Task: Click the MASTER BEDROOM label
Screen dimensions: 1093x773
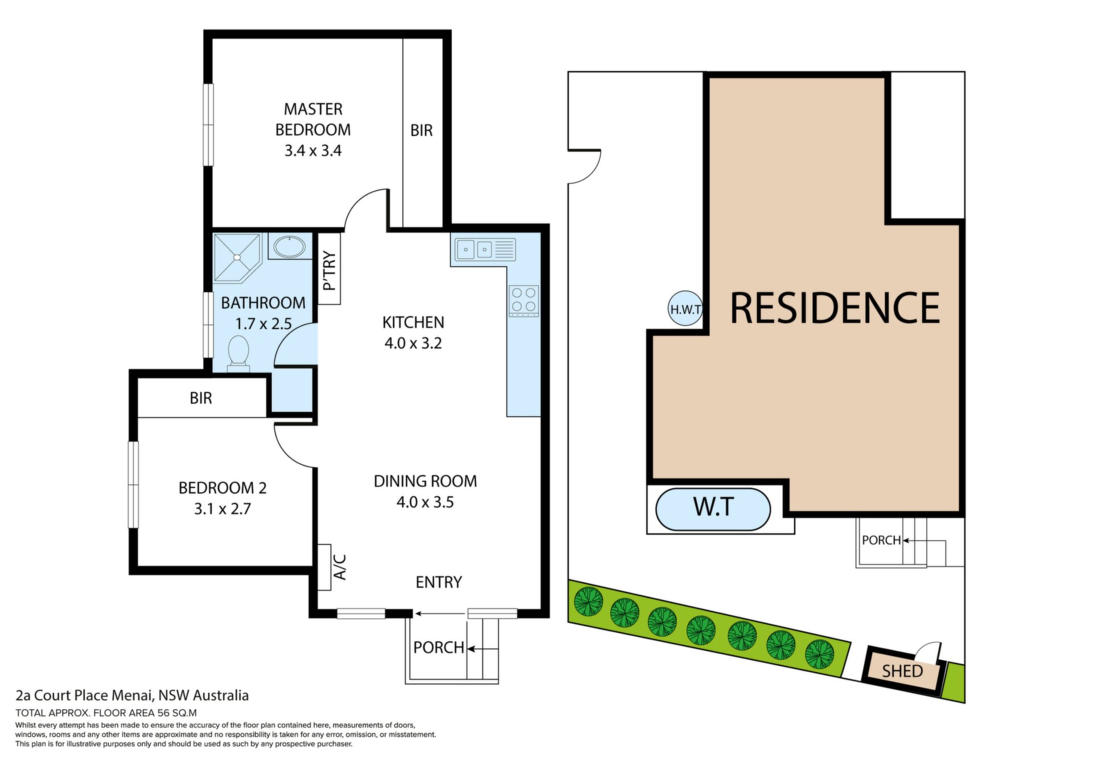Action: click(313, 119)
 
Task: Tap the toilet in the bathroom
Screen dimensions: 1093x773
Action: click(239, 353)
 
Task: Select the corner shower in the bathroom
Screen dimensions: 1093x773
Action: click(237, 257)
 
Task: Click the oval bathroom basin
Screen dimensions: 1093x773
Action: click(290, 247)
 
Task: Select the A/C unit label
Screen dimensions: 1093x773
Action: click(339, 567)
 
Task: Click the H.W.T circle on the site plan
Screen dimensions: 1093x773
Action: click(685, 309)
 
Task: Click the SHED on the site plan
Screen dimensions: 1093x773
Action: click(902, 671)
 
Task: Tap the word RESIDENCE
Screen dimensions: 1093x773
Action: click(835, 308)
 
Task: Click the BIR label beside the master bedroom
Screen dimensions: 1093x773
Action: click(421, 130)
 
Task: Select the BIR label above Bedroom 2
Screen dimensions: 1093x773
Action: click(201, 398)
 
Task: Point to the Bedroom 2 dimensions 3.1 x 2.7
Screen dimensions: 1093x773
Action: click(223, 509)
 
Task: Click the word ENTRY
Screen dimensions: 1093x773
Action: click(438, 582)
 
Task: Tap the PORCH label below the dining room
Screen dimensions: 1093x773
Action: click(439, 648)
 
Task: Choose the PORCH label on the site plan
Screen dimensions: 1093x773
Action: click(881, 540)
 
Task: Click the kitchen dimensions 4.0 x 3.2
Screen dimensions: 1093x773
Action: click(413, 343)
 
